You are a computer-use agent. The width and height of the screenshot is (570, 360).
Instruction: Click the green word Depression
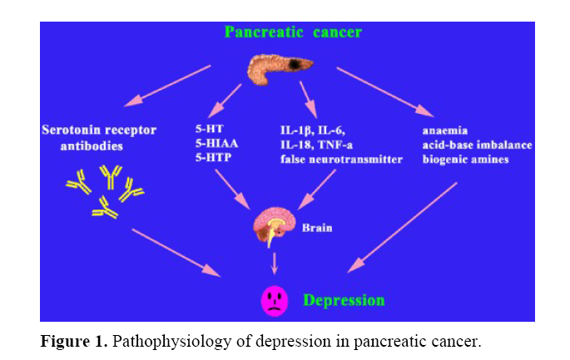(x=344, y=298)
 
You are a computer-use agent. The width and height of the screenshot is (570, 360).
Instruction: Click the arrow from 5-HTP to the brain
(x=232, y=190)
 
